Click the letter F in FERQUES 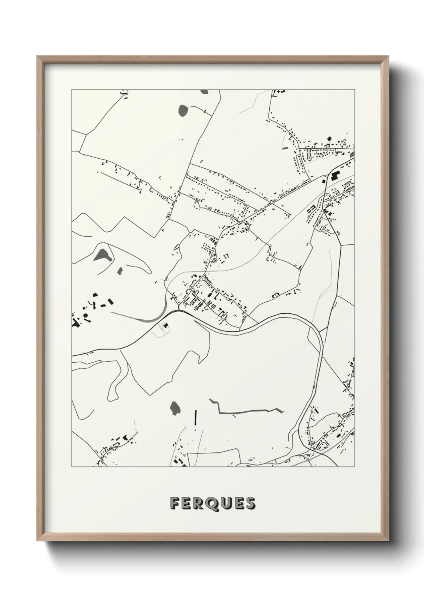click(175, 503)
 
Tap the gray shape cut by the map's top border click(204, 91)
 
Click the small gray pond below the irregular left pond click(119, 271)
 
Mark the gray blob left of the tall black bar click(175, 408)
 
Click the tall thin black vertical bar click(196, 418)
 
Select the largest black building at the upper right click(335, 175)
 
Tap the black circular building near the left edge click(85, 316)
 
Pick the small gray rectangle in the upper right click(285, 148)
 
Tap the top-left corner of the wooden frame click(38, 57)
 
